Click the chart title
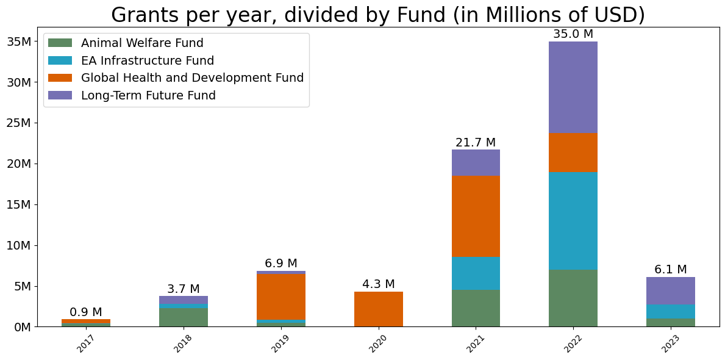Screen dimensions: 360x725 (378, 15)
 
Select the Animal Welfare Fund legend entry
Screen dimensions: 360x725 (142, 43)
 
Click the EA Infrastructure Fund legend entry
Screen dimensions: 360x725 (147, 60)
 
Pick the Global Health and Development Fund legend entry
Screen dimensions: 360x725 (192, 78)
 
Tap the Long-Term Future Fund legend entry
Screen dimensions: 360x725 (148, 95)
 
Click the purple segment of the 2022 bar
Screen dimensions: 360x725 (573, 87)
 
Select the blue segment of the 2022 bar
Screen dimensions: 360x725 (573, 220)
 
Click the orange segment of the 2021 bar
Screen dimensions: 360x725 (476, 216)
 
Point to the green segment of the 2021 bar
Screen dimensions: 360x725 (476, 308)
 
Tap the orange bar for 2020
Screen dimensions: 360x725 (378, 309)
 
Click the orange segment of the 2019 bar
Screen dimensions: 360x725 (281, 297)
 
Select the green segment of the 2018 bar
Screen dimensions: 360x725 (184, 317)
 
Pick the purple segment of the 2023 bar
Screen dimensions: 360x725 (670, 290)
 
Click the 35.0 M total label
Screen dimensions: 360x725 (573, 34)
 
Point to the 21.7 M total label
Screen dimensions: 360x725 (476, 143)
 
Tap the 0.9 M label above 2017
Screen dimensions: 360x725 (86, 312)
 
